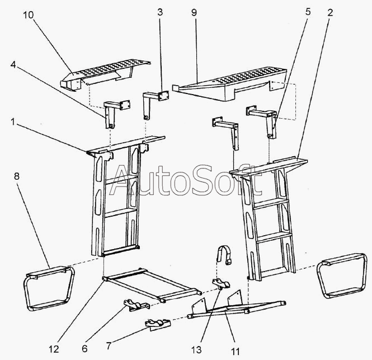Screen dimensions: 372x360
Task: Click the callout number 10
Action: pos(29,15)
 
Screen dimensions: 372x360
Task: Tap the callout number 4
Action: pos(13,64)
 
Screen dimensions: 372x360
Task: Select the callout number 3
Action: pos(160,12)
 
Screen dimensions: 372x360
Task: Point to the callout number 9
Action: pos(194,12)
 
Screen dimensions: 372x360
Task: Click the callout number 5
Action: pos(308,11)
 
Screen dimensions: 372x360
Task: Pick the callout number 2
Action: pos(330,12)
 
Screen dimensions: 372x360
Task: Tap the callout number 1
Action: pos(13,122)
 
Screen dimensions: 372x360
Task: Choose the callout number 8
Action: pos(17,176)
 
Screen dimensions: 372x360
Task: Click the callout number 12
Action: pos(54,349)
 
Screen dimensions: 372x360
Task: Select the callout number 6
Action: pos(84,349)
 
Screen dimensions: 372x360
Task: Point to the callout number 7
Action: pos(109,346)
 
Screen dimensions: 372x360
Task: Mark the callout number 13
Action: pos(197,349)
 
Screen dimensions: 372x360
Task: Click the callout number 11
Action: pos(236,351)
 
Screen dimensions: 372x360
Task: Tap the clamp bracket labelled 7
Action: pos(158,324)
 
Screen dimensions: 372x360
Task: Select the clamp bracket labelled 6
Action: pos(136,305)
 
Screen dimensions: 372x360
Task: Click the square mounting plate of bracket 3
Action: pos(163,96)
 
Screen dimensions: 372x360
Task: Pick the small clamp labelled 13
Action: pos(221,284)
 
